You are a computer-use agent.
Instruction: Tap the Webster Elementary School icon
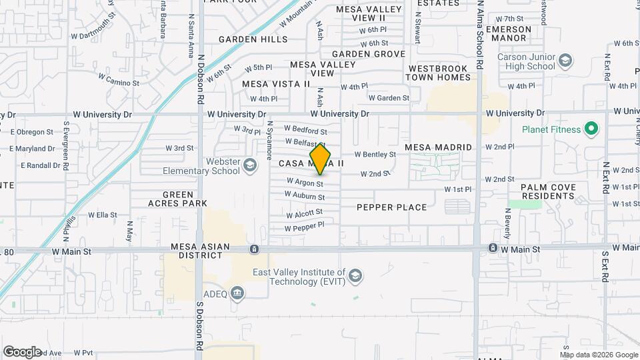point(250,165)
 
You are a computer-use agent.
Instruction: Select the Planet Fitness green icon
point(590,129)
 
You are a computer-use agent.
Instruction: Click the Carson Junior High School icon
point(565,61)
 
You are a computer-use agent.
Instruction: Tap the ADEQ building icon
point(237,293)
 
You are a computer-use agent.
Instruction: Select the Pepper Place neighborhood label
point(391,207)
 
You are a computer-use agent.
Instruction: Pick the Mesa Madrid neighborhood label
point(438,147)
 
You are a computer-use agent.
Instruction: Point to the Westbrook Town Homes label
point(439,73)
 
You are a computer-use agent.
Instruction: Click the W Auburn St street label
point(304,196)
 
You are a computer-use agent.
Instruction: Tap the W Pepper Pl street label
point(304,227)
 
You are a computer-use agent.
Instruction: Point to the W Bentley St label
point(375,154)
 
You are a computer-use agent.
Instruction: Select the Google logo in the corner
point(22,351)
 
